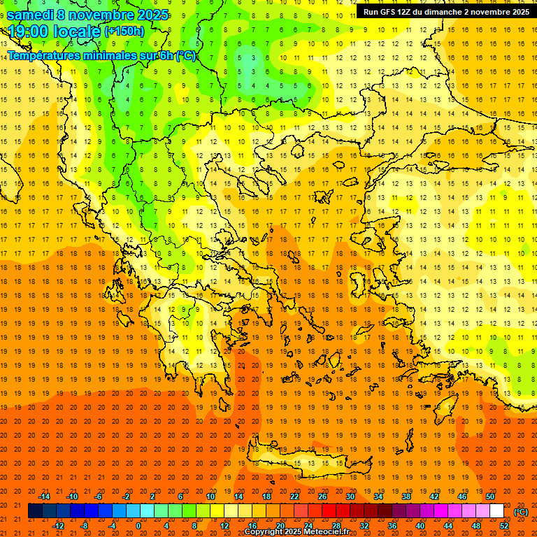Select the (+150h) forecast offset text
tap(124, 31)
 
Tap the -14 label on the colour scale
tap(45, 496)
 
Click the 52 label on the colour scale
tap(504, 526)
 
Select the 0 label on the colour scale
tap(138, 526)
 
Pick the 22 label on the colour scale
tap(294, 496)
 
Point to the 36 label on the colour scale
tap(392, 526)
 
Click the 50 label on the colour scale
tap(490, 496)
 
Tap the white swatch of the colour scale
tap(497, 511)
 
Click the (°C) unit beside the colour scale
tap(521, 511)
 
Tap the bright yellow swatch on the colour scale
tap(217, 511)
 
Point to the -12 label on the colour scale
tap(59, 526)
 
